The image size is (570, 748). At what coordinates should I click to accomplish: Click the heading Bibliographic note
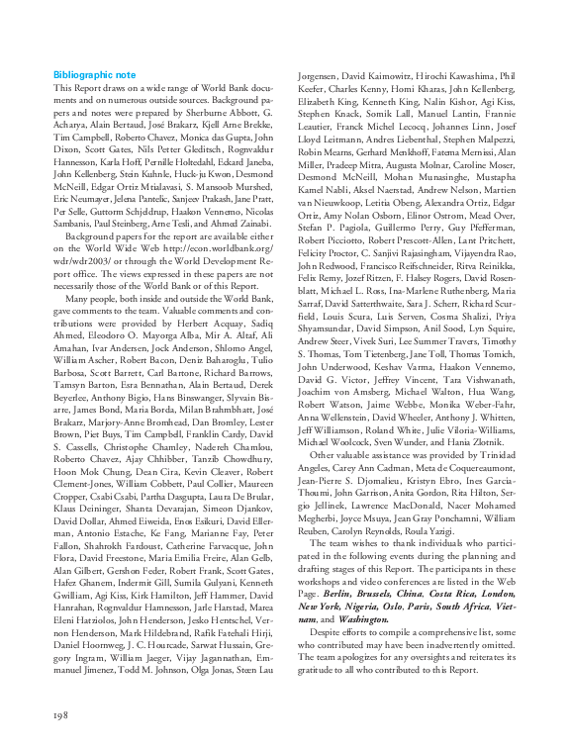coord(95,75)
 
